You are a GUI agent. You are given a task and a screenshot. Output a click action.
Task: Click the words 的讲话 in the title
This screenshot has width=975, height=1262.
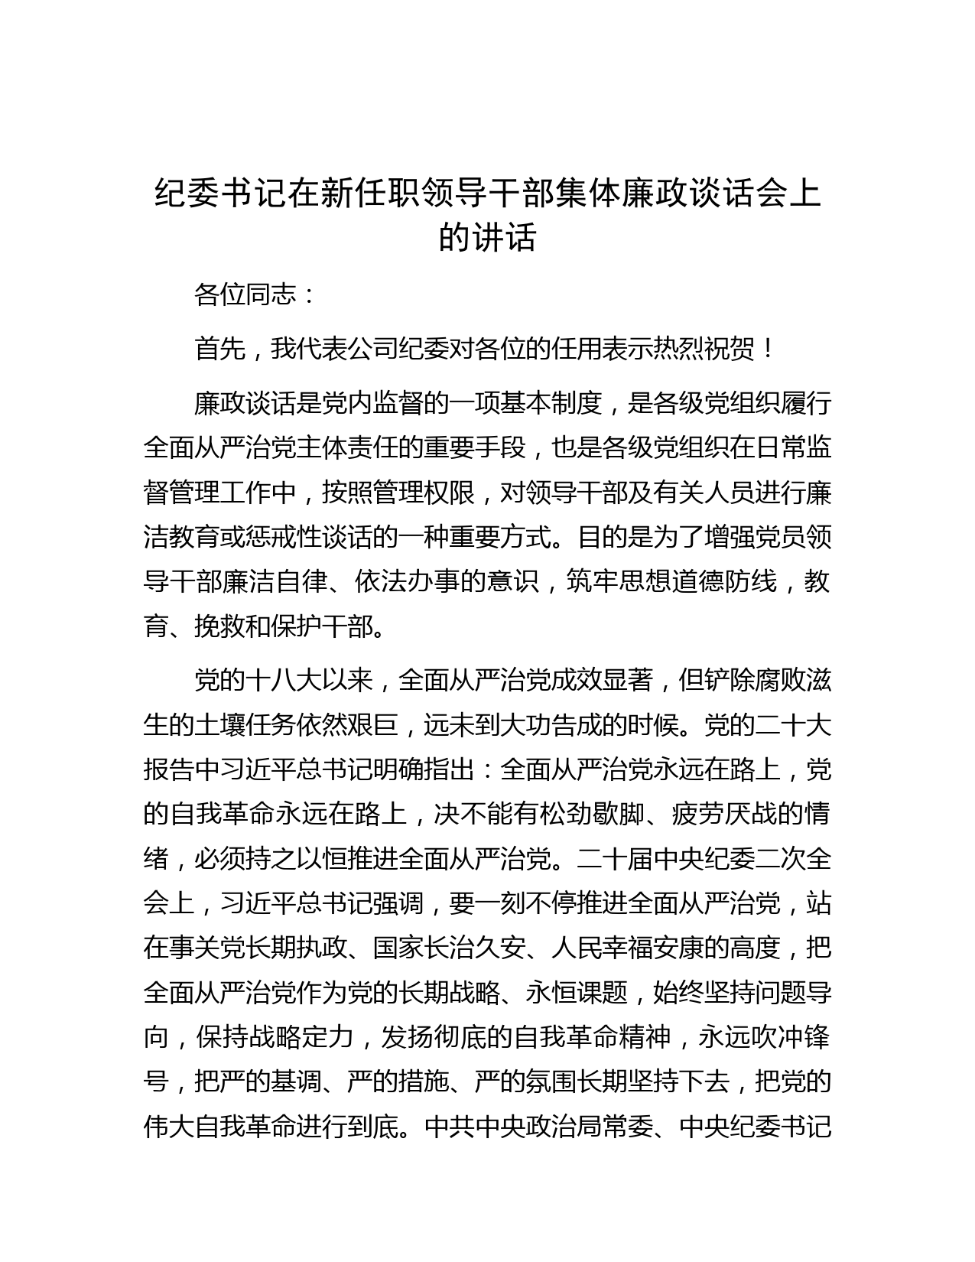tap(487, 238)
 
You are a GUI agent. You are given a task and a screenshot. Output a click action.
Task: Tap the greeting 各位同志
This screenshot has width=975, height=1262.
tap(245, 294)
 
